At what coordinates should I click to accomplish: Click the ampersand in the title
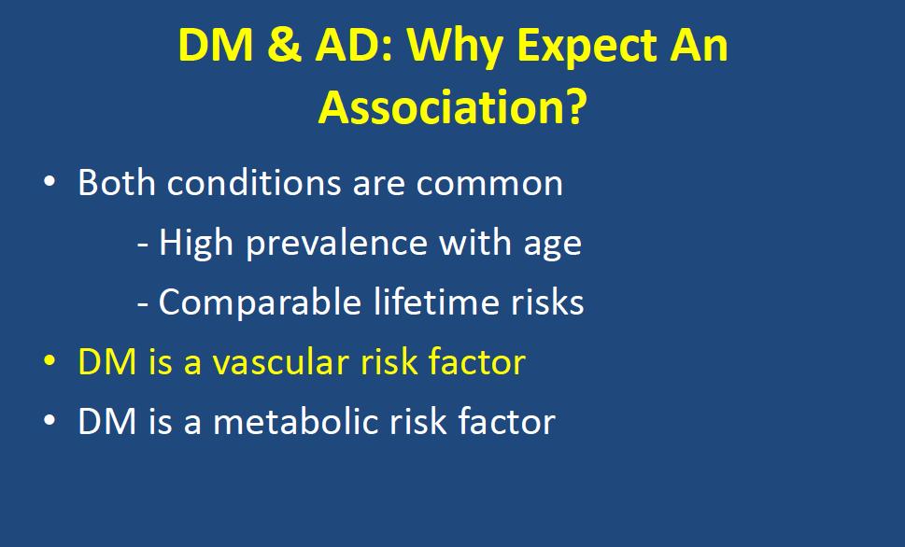coord(284,45)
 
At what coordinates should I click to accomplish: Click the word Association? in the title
coord(452,107)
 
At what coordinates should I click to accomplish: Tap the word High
coord(195,244)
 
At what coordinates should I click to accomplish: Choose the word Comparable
coord(260,303)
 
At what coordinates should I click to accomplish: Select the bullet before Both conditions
coord(49,182)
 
